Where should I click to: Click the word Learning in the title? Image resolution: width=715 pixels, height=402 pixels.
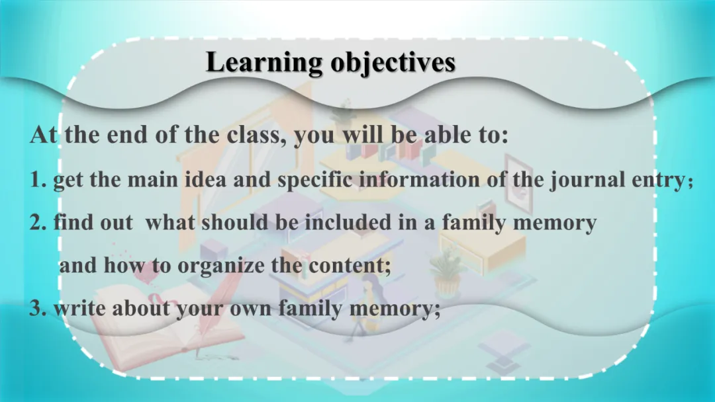264,63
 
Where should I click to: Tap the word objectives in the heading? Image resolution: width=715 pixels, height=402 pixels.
393,63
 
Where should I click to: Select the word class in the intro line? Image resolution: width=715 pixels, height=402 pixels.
256,134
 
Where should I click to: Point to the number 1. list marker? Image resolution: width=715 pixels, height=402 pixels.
38,179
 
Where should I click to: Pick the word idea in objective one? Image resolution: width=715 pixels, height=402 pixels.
205,179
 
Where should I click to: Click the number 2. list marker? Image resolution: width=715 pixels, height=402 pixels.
38,222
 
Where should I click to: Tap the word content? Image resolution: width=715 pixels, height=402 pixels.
350,265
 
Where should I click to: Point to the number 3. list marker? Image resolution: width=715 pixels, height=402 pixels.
38,309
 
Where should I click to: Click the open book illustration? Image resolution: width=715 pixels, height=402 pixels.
166,325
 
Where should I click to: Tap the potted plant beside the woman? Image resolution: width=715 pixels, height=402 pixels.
447,272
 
